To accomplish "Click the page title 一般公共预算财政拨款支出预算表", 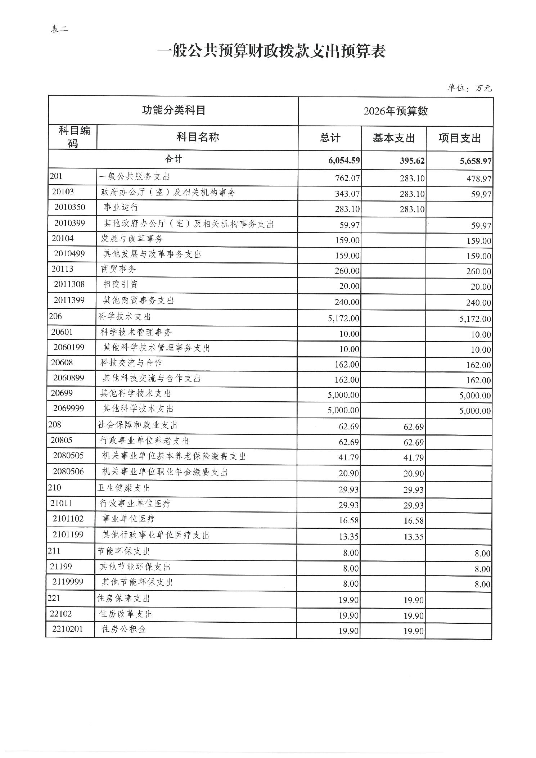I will point(272,51).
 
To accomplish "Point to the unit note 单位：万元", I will point(469,88).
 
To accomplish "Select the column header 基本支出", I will point(394,138).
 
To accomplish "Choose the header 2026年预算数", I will point(396,111).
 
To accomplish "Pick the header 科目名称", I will point(198,137).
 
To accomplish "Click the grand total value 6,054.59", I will point(344,161).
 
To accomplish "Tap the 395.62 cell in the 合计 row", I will point(412,161).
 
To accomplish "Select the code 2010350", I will point(70,207).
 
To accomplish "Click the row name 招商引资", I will point(121,285).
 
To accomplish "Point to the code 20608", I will point(62,362).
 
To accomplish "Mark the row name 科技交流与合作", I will point(131,363).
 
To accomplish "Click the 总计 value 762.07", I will point(347,178).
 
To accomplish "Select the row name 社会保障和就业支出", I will point(138,425).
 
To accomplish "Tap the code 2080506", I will point(68,472).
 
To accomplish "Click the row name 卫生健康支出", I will point(124,488).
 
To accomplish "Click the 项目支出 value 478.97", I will point(479,179).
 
